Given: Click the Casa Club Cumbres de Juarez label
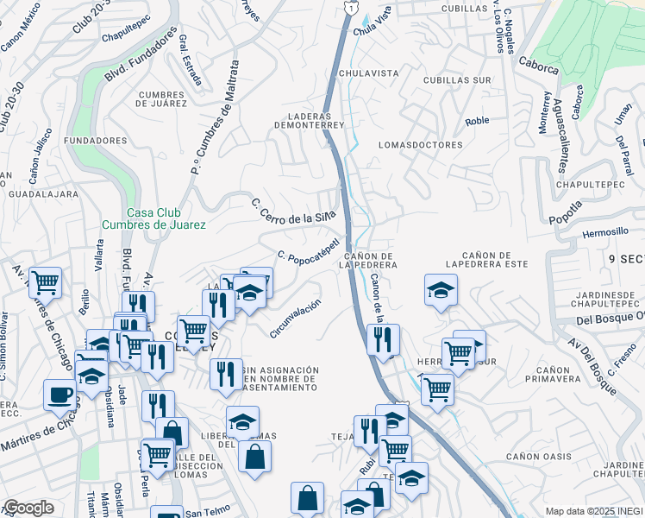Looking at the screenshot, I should point(153,218).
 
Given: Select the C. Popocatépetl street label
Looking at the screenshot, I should point(311,248).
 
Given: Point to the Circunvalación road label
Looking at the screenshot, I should point(295,319).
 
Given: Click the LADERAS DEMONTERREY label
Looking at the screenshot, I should point(310,120).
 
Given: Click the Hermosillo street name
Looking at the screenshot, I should point(605,232).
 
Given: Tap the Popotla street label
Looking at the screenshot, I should point(567,213).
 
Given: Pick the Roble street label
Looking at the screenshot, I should point(477,121).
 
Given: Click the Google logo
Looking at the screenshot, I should point(28,508).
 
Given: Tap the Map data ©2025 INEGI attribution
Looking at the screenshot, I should point(593,511).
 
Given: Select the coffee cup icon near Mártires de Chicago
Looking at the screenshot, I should point(59,395).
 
